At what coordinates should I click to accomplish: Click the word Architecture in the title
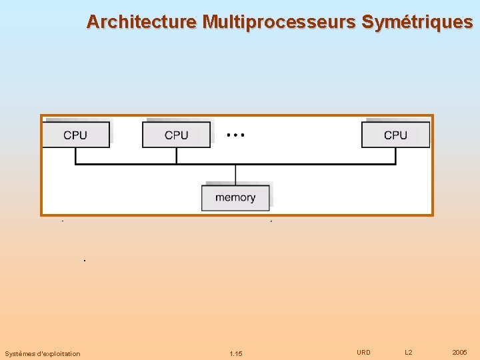point(141,22)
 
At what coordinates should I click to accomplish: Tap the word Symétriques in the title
point(417,22)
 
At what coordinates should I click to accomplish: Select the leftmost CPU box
point(75,135)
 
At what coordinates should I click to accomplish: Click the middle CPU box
point(176,135)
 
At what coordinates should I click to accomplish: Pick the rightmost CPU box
point(395,135)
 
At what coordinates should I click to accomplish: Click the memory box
point(235,197)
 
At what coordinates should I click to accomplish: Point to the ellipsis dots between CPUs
point(235,135)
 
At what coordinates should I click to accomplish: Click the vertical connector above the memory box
point(235,174)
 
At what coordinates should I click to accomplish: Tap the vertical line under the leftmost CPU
point(75,155)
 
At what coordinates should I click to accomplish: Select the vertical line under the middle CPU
point(176,155)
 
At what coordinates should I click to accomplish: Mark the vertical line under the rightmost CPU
point(395,155)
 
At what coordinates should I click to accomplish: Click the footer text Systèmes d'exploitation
point(42,353)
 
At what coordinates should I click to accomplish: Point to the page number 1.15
point(235,353)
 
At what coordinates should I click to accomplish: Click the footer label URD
point(363,352)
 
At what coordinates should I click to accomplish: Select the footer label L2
point(409,352)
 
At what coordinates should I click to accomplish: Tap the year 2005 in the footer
point(459,352)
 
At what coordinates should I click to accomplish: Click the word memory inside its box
point(235,197)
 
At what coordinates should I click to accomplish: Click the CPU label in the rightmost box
point(395,135)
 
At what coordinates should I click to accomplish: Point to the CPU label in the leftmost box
point(75,135)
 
